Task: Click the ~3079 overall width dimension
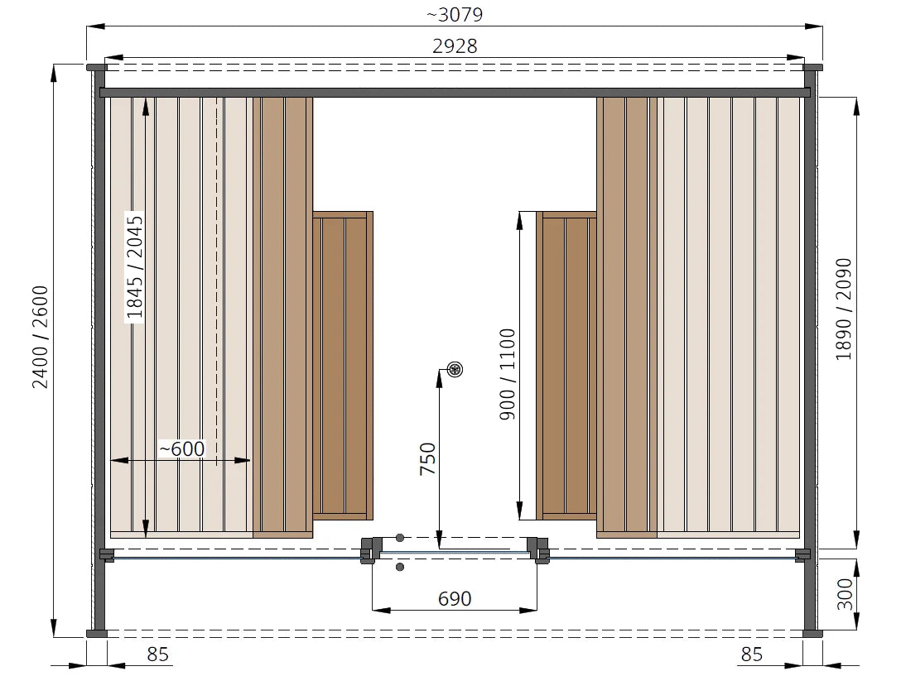[x=455, y=14]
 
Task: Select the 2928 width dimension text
[x=455, y=46]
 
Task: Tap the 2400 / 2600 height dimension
[x=41, y=338]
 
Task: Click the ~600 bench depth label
[x=182, y=448]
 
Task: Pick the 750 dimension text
[x=428, y=458]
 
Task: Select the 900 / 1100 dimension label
[x=508, y=375]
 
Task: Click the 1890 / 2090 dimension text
[x=844, y=309]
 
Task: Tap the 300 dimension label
[x=845, y=594]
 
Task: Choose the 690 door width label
[x=455, y=598]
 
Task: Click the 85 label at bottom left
[x=157, y=654]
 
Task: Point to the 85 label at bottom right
[x=752, y=654]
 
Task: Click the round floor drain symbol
[x=455, y=369]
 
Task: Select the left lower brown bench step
[x=343, y=365]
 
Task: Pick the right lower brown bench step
[x=566, y=365]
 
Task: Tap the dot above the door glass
[x=400, y=538]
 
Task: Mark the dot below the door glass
[x=400, y=567]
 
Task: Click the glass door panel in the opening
[x=455, y=553]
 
